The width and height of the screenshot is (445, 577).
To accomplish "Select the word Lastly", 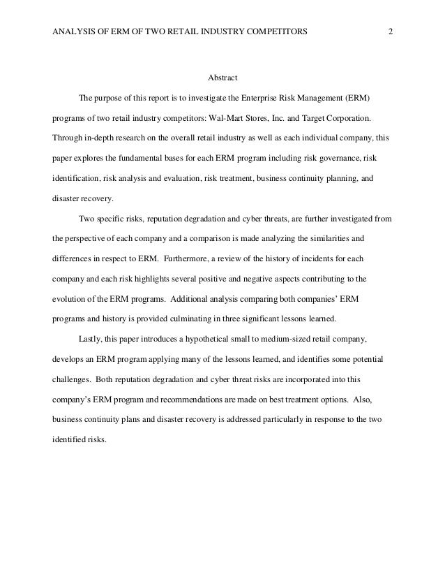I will (92, 338).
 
